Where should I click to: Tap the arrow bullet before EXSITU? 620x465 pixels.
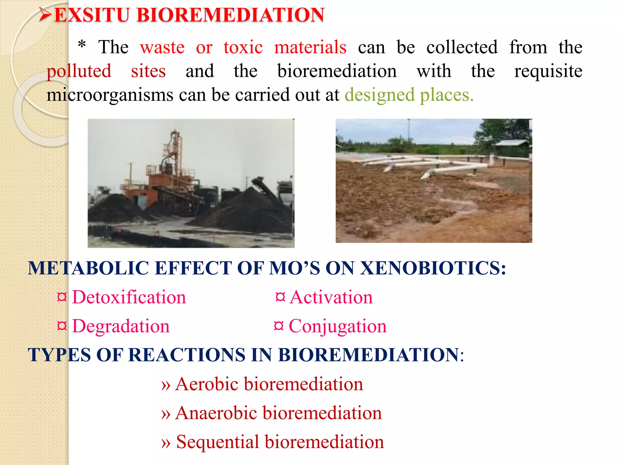pos(46,15)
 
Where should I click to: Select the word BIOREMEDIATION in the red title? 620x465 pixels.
pos(230,15)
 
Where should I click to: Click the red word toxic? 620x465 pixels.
pos(243,48)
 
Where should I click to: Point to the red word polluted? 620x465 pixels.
pos(79,71)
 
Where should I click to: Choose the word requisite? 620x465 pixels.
pos(548,71)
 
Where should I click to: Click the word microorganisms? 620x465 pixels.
pos(110,95)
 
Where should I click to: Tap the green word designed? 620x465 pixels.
pos(379,95)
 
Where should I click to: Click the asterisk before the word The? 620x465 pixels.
pos(82,45)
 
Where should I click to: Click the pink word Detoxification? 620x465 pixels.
pos(129,297)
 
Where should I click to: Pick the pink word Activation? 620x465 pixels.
pos(331,297)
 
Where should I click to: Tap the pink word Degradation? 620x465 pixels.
pos(121,326)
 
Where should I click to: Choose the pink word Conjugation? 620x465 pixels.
pos(338,326)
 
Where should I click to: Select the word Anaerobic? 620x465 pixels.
pos(216,413)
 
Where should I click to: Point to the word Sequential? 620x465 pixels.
pos(217,442)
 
